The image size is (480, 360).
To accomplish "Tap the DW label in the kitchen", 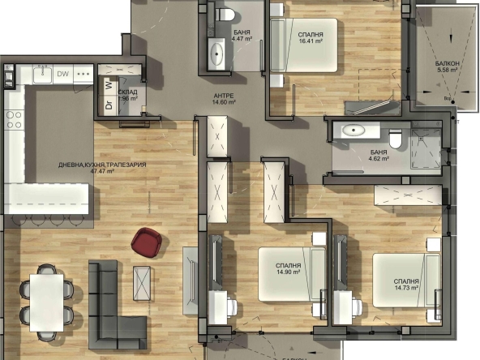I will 63,75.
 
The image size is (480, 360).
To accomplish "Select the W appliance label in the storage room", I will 108,84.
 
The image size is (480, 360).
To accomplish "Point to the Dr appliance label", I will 108,103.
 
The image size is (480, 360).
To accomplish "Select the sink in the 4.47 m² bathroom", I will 218,54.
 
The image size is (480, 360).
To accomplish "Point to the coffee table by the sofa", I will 143,283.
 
